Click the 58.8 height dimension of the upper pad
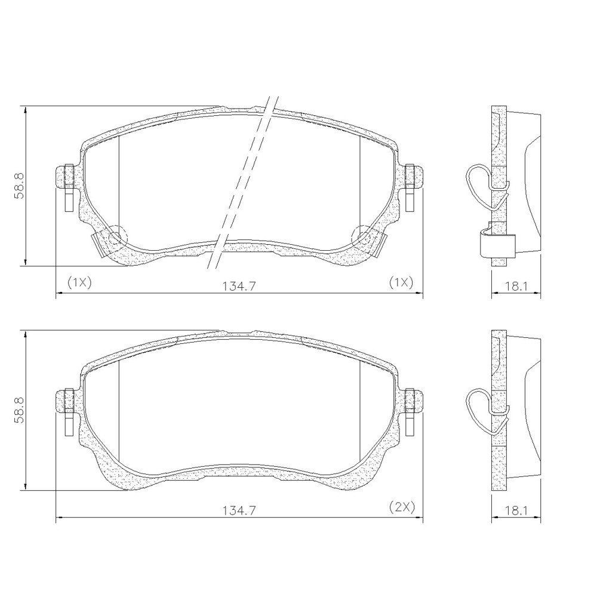20,186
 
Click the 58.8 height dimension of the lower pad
20,411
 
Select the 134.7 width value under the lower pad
240,510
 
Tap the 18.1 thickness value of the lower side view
516,510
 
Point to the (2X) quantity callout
402,507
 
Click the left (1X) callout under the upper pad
79,282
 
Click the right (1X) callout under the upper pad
401,282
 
